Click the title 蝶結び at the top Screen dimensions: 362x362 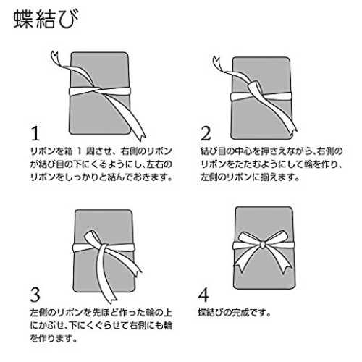(x=46, y=20)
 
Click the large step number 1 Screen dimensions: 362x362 (x=35, y=133)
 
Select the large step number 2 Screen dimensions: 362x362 (x=206, y=133)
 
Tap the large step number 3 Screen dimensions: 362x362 (x=35, y=295)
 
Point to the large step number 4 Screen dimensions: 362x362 (x=203, y=295)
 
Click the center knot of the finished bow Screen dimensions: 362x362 (x=262, y=245)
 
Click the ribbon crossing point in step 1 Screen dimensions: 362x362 (x=96, y=90)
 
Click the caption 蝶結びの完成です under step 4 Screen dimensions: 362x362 (x=234, y=313)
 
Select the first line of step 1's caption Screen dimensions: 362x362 (x=101, y=151)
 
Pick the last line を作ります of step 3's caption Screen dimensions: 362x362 (x=54, y=338)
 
